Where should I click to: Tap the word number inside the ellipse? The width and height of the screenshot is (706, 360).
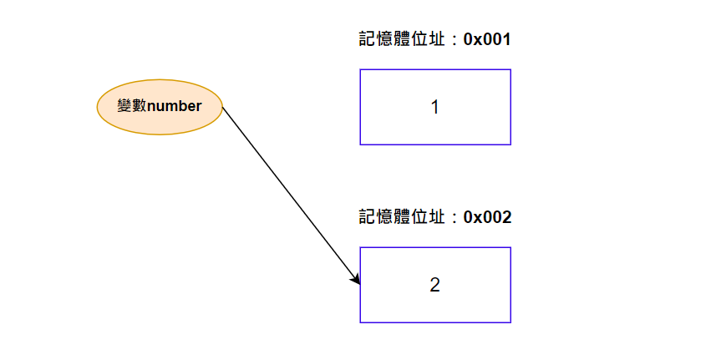tap(175, 106)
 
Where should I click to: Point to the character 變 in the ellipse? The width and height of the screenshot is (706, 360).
tap(125, 106)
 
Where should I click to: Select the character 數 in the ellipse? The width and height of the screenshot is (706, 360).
tap(140, 106)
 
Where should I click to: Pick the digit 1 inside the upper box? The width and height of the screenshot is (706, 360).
tap(434, 107)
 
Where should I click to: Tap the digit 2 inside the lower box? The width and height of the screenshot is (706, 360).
tap(434, 285)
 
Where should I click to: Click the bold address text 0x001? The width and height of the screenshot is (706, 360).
tap(486, 39)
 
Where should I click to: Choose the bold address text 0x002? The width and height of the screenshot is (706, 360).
tap(487, 217)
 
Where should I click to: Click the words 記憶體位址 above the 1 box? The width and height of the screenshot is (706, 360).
tap(400, 39)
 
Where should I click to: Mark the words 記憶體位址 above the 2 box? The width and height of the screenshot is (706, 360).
tap(400, 217)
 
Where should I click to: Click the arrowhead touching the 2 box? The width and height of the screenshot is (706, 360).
tap(356, 278)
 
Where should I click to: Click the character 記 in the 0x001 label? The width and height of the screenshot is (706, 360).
tap(367, 39)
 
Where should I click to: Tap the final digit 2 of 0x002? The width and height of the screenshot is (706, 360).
tap(506, 217)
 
